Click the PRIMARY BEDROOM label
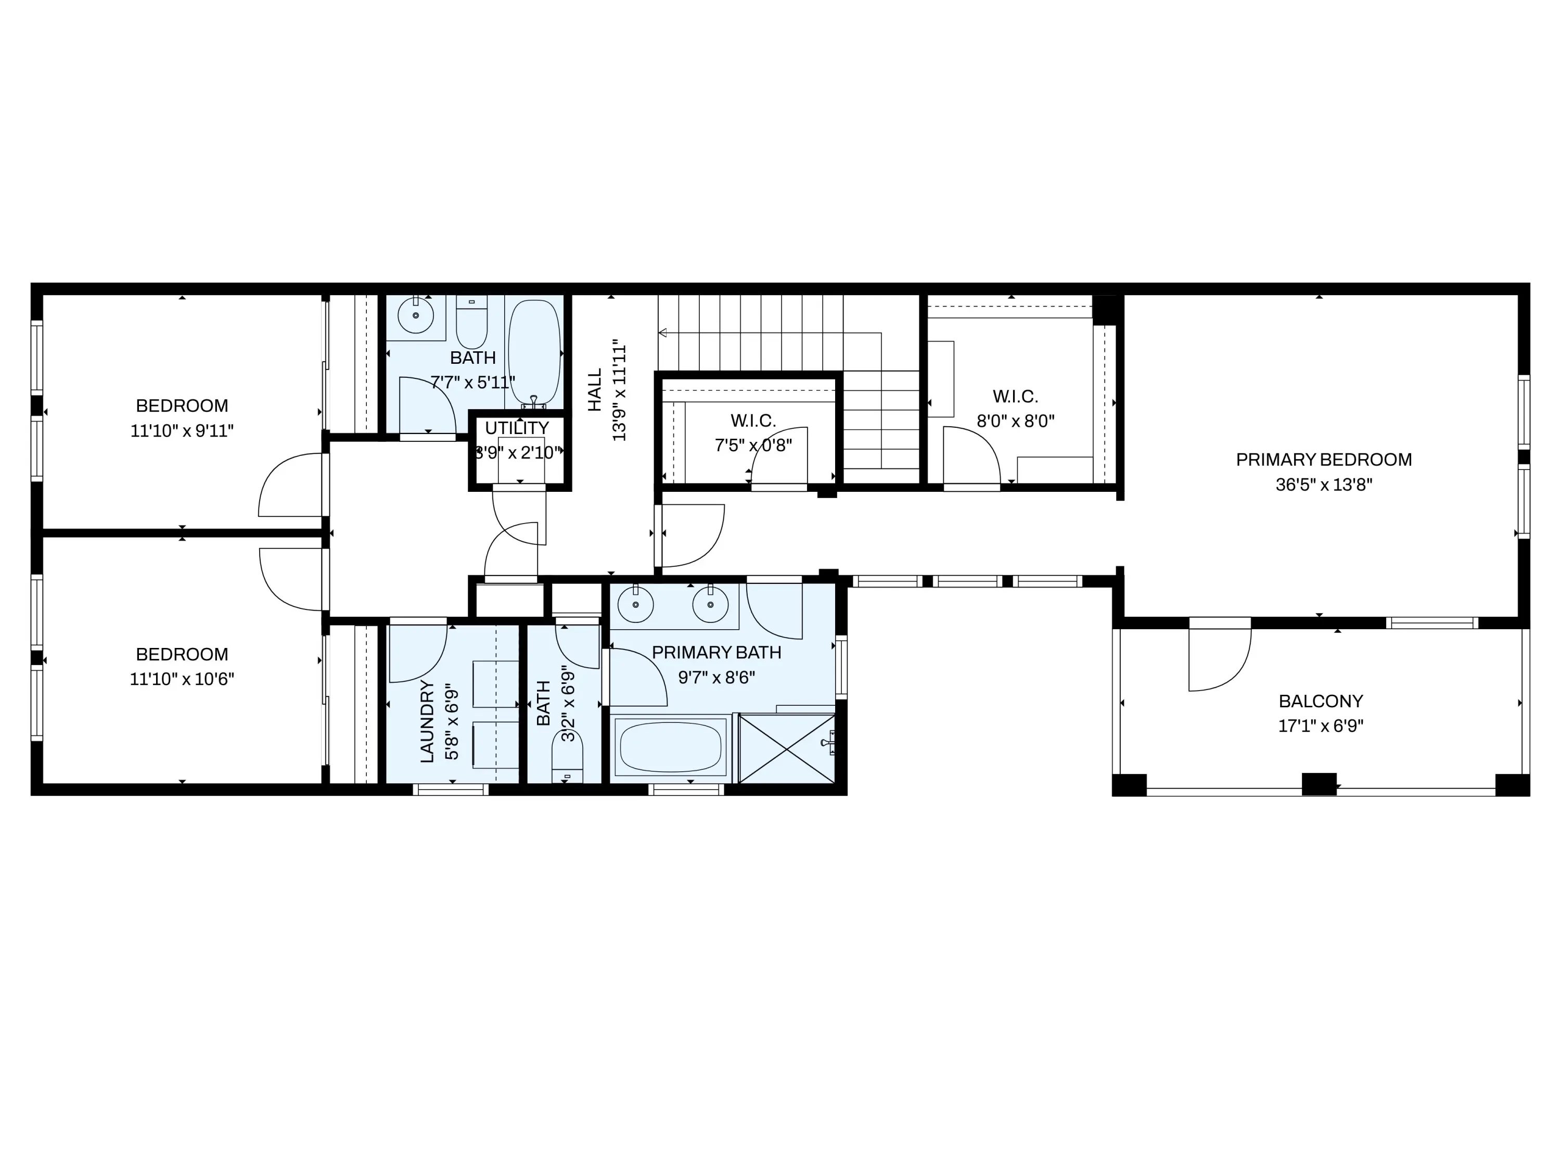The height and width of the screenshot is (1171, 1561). (1324, 460)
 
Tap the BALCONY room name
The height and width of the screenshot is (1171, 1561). (1321, 701)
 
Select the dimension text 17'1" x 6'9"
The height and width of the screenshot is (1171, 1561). (1321, 725)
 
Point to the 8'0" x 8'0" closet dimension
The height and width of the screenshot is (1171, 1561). (1016, 422)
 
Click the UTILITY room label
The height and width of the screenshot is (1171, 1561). (517, 428)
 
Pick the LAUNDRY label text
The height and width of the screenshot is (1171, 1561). (427, 721)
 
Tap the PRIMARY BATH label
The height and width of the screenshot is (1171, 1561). (716, 652)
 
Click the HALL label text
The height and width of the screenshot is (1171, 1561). (595, 390)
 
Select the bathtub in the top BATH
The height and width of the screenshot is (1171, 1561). (535, 351)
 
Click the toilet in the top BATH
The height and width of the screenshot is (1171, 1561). (472, 321)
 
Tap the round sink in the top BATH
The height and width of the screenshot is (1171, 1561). (416, 315)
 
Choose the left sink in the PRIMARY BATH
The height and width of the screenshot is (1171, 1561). (635, 605)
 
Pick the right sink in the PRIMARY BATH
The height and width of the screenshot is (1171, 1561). (710, 605)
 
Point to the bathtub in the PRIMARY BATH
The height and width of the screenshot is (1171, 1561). (670, 746)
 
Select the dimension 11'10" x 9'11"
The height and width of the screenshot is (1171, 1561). (182, 430)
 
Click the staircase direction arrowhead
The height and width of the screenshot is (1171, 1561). (663, 333)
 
